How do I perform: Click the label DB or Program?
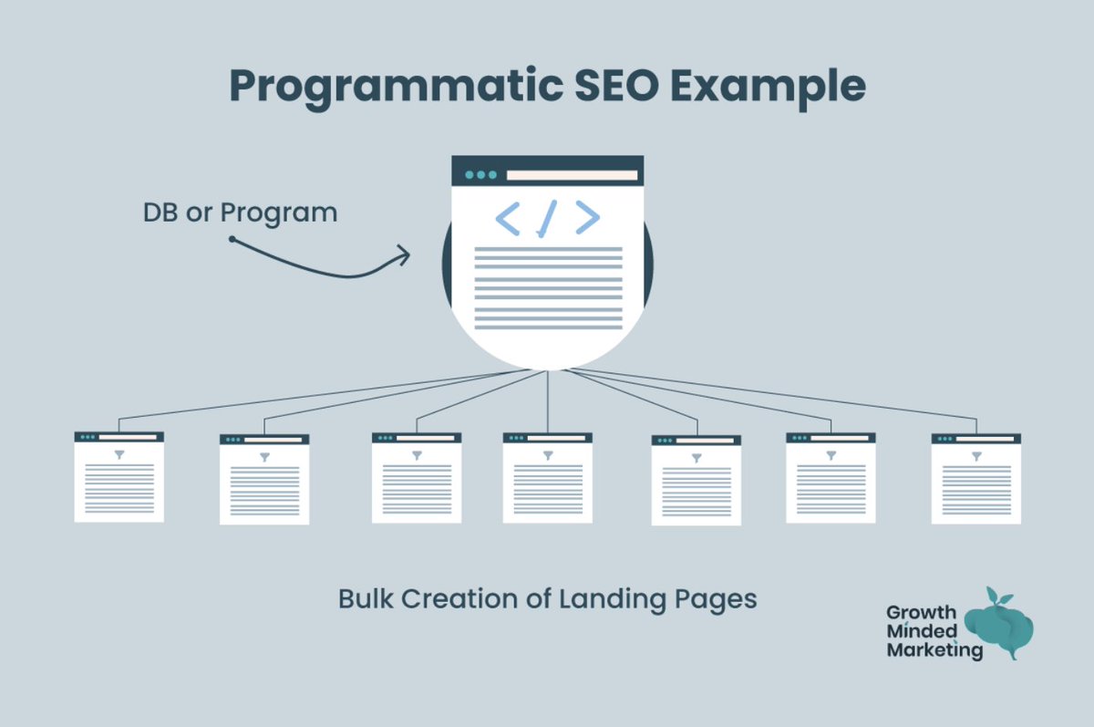tap(240, 213)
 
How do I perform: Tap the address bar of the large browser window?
tap(572, 174)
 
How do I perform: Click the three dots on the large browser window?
tap(480, 174)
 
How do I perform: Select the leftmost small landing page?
tap(119, 476)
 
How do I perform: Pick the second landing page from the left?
tap(264, 479)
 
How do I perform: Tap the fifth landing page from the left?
tap(697, 480)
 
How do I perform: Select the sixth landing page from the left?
tap(831, 477)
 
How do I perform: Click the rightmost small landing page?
tap(976, 478)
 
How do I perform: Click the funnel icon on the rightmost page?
tap(976, 454)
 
